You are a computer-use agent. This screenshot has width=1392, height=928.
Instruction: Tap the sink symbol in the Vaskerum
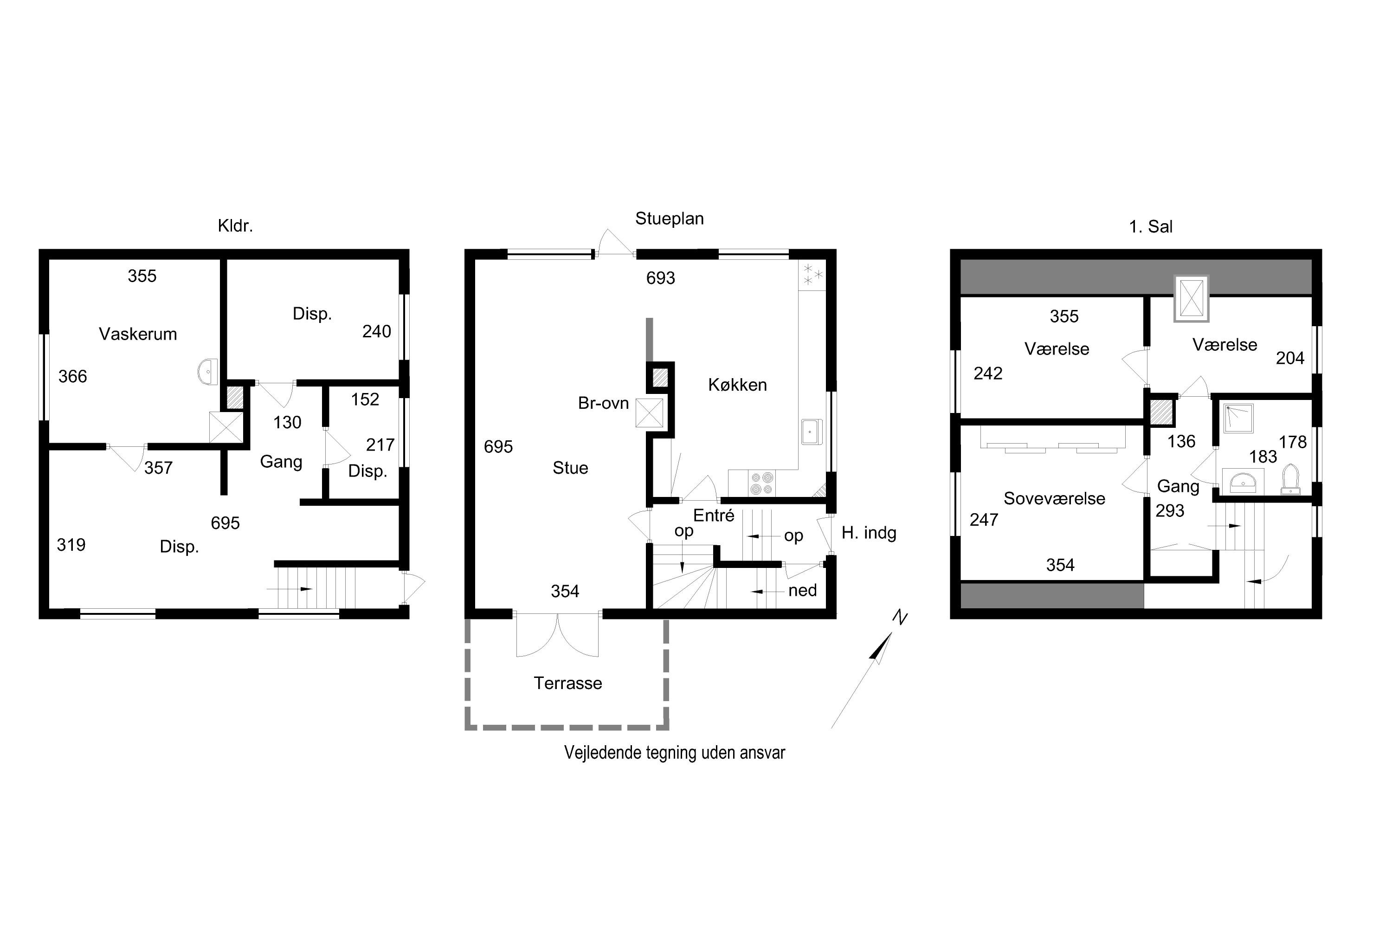click(x=208, y=372)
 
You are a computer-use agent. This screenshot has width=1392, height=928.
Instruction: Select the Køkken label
click(x=737, y=385)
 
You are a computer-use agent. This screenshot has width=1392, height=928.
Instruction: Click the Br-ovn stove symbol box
click(x=649, y=412)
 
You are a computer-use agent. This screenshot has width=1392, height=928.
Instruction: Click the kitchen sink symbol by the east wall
click(x=812, y=432)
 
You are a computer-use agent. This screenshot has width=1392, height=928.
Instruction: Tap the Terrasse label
click(x=568, y=683)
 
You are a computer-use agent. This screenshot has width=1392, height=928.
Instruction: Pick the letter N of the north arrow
click(x=900, y=618)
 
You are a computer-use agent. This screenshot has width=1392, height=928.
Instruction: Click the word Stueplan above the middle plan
click(x=670, y=219)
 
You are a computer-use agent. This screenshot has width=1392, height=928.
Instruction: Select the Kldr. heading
click(x=235, y=226)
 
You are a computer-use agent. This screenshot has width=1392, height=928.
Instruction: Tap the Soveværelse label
click(x=1054, y=498)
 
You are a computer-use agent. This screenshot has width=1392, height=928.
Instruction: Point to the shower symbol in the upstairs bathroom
click(x=1238, y=419)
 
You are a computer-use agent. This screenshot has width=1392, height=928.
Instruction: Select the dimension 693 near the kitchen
click(x=660, y=277)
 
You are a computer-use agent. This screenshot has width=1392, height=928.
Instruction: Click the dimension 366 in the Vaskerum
click(x=72, y=376)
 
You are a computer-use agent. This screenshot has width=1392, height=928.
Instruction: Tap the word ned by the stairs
click(x=803, y=590)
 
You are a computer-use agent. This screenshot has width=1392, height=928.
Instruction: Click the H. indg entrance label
click(x=869, y=533)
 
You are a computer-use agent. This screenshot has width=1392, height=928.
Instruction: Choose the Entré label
click(x=714, y=516)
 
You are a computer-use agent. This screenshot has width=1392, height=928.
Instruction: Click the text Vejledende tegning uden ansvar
click(x=674, y=752)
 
